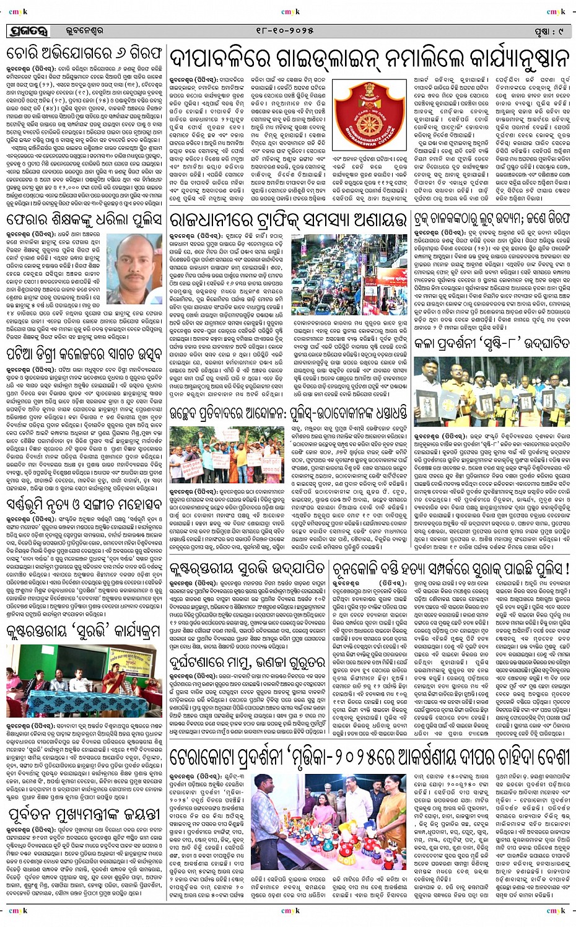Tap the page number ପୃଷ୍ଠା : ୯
[546, 30]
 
